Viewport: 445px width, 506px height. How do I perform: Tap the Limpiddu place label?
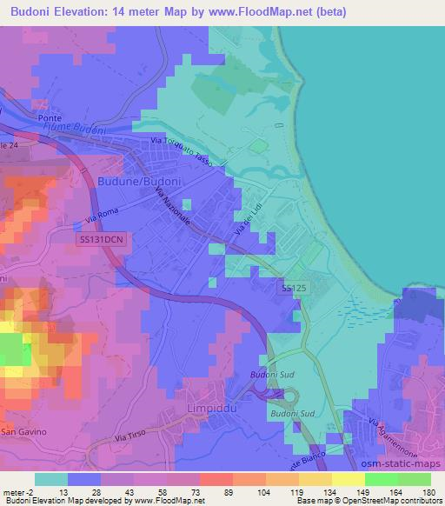[x=212, y=407]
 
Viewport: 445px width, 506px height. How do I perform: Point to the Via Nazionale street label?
[x=172, y=208]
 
